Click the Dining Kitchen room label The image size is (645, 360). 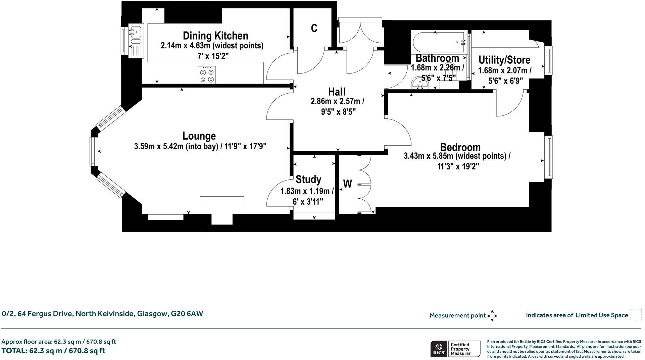click(215, 36)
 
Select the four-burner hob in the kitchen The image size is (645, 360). click(207, 75)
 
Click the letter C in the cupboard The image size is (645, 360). click(314, 29)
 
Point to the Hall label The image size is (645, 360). click(337, 92)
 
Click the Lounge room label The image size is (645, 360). click(199, 136)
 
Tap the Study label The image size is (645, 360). click(308, 179)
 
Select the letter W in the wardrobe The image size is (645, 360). click(348, 184)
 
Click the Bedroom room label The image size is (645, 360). click(460, 147)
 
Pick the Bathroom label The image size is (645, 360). click(437, 58)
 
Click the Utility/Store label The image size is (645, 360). click(504, 60)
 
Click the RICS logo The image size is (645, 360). click(438, 349)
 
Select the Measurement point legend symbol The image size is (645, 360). click(492, 316)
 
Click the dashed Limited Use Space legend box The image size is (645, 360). click(636, 315)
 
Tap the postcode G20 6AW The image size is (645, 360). click(187, 314)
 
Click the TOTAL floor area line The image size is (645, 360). click(53, 351)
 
